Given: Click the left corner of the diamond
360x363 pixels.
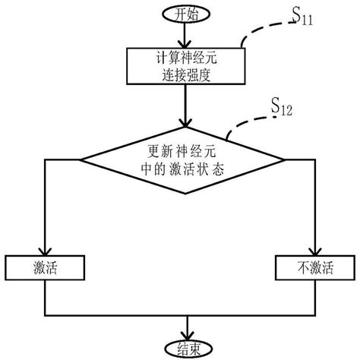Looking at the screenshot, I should tap(82, 159).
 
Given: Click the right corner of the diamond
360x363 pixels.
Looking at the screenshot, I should tap(285, 159).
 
